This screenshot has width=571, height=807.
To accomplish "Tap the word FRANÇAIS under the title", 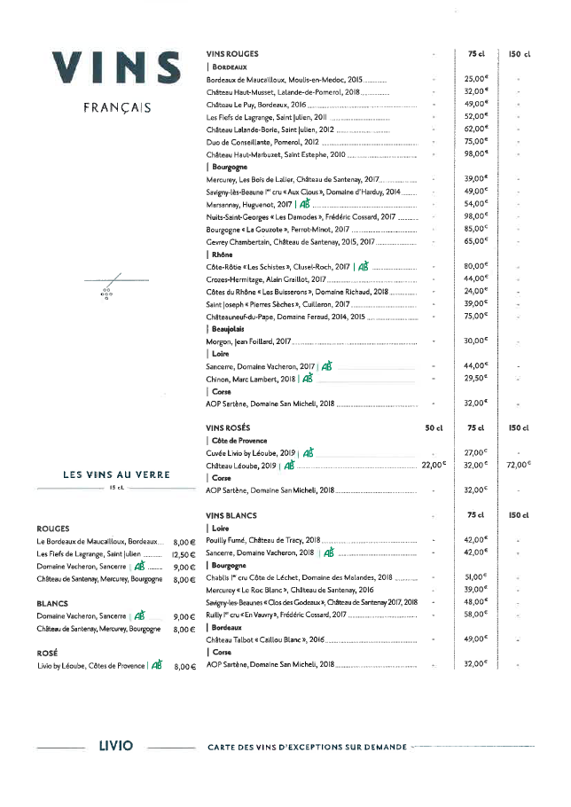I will click(x=116, y=109).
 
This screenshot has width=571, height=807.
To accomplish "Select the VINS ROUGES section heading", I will click(x=232, y=54).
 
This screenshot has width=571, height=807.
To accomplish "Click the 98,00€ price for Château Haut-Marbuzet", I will click(x=476, y=154).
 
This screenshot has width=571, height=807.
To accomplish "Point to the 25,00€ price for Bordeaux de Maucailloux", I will click(x=476, y=79).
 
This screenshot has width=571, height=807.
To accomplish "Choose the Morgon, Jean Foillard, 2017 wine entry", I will click(x=249, y=341).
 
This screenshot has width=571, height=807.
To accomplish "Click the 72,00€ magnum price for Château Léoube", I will click(x=518, y=465).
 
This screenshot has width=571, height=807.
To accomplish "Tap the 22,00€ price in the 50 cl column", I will click(x=434, y=465).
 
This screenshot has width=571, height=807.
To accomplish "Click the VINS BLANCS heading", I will click(x=231, y=515).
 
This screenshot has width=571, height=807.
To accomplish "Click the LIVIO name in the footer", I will click(x=116, y=746).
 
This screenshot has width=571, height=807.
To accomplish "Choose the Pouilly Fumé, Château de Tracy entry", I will click(x=262, y=539).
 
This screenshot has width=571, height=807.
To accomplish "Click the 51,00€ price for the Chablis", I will click(x=476, y=576).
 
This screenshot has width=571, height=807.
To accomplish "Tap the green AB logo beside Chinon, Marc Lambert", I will click(x=308, y=379).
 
